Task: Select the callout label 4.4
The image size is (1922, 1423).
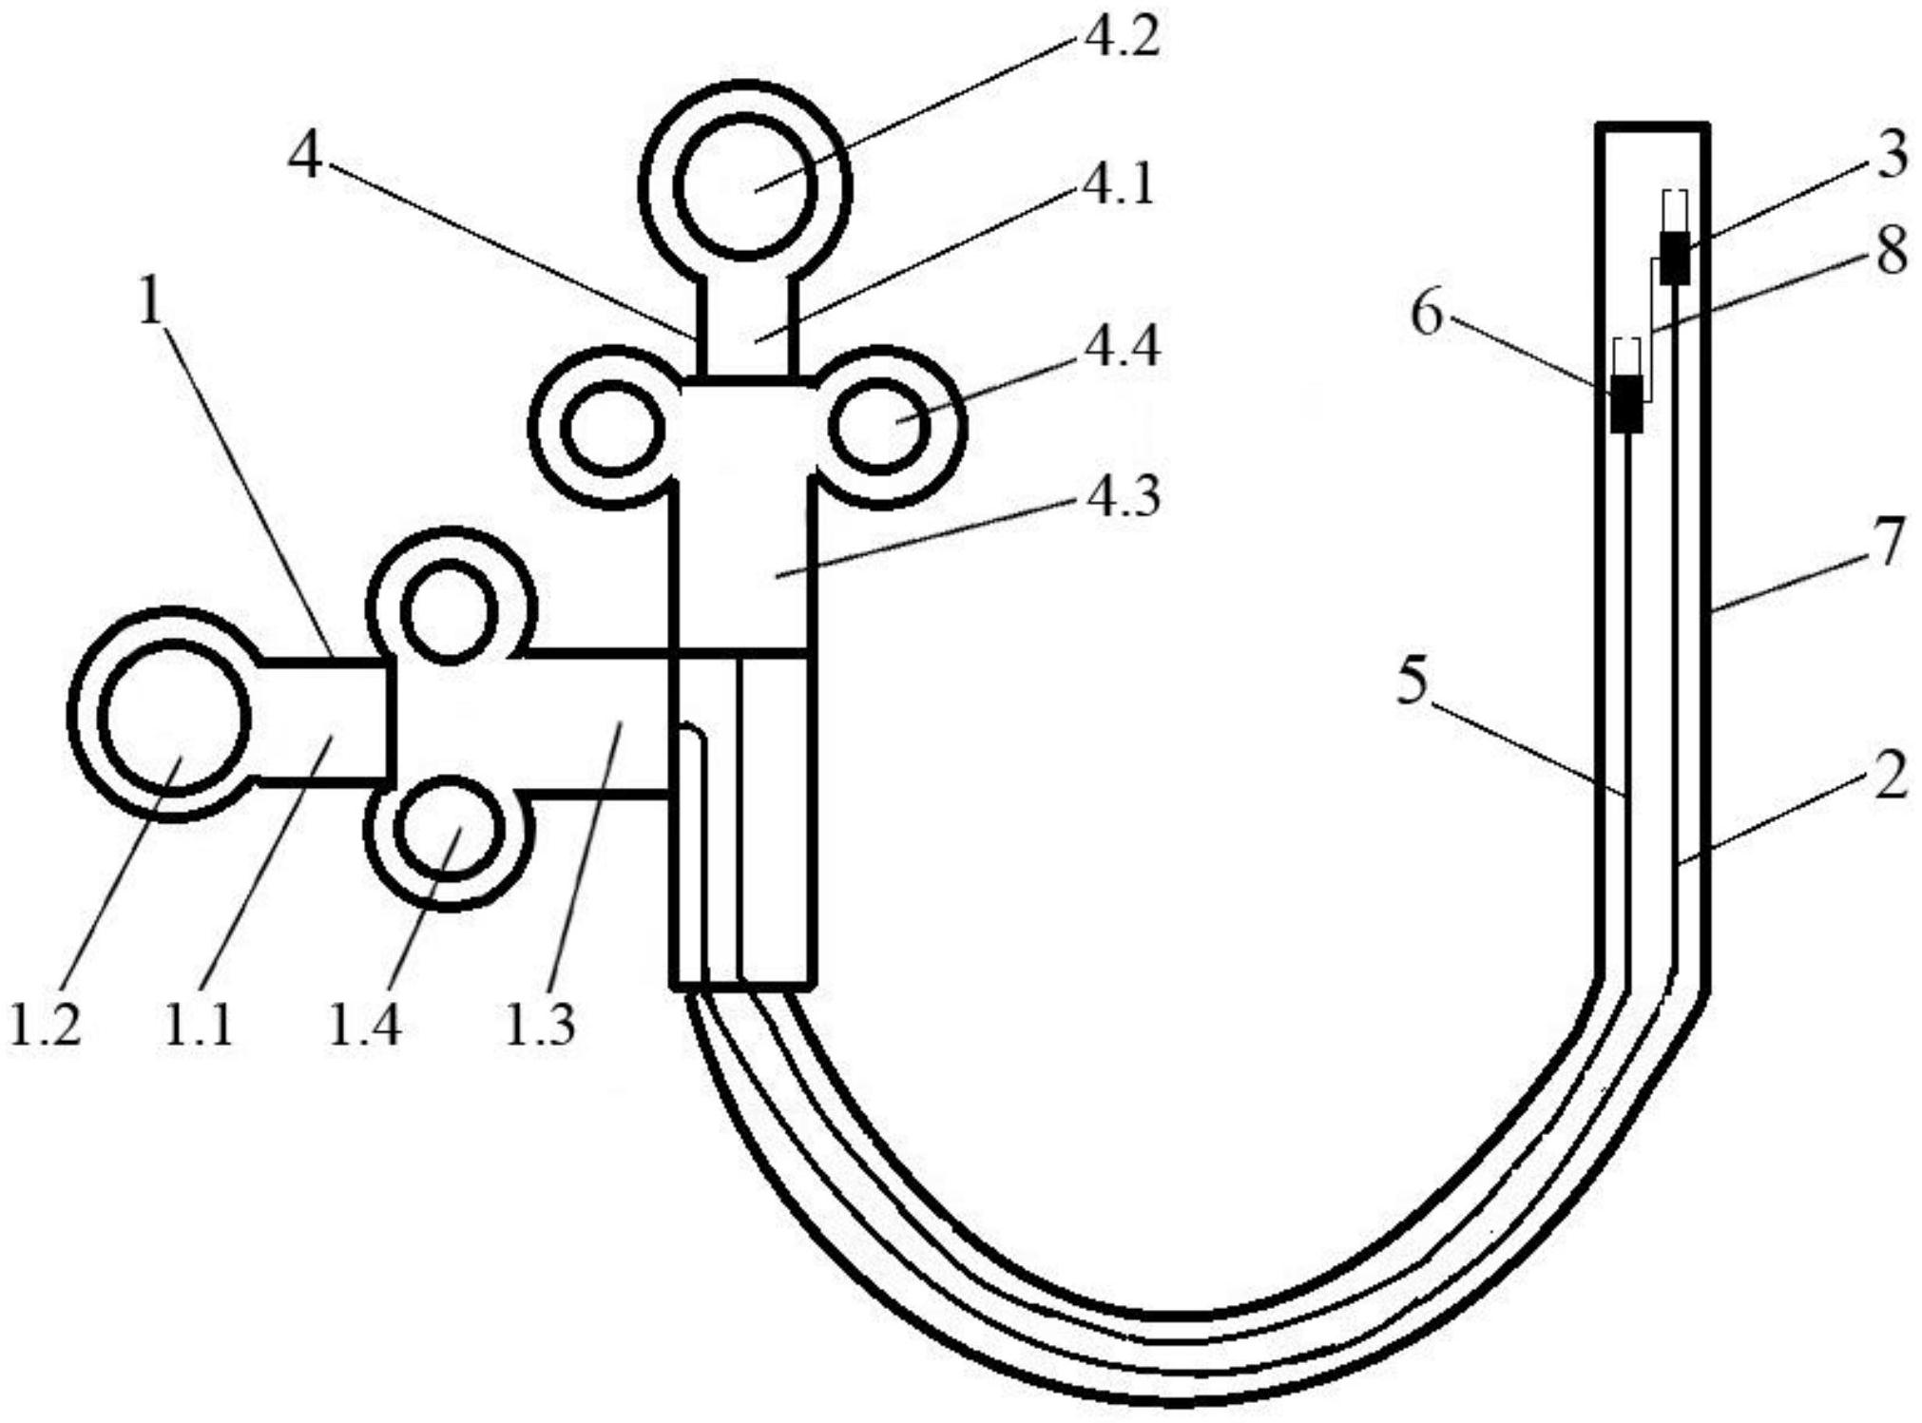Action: pyautogui.click(x=1122, y=348)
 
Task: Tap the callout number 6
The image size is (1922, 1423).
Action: pyautogui.click(x=1426, y=314)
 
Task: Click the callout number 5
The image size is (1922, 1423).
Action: pyautogui.click(x=1413, y=682)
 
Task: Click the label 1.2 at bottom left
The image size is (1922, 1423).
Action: pyautogui.click(x=45, y=1025)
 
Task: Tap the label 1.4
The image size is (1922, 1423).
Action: pyautogui.click(x=364, y=1025)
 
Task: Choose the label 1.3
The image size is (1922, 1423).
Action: pyautogui.click(x=539, y=1025)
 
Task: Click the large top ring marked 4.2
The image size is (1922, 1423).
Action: pyautogui.click(x=745, y=186)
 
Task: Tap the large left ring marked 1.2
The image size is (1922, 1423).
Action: pyautogui.click(x=174, y=718)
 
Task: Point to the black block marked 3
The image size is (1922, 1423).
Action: pyautogui.click(x=1675, y=259)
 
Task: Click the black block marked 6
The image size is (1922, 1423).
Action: pyautogui.click(x=1627, y=403)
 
